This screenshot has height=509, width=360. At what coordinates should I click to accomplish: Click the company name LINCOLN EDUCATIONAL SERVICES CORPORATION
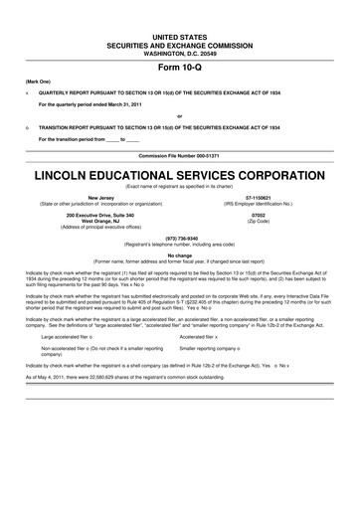coord(179,176)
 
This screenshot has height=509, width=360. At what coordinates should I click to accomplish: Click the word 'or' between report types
coord(179,116)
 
